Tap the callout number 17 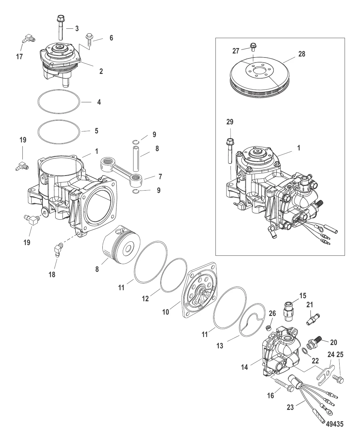pos(19,57)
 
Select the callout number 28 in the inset pos(302,54)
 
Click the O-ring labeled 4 pos(59,102)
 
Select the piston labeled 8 pos(121,244)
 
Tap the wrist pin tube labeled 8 pos(136,158)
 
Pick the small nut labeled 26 pos(268,328)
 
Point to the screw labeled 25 pos(338,377)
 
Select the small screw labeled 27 pos(253,47)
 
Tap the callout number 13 pos(220,346)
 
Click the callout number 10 pos(166,312)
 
